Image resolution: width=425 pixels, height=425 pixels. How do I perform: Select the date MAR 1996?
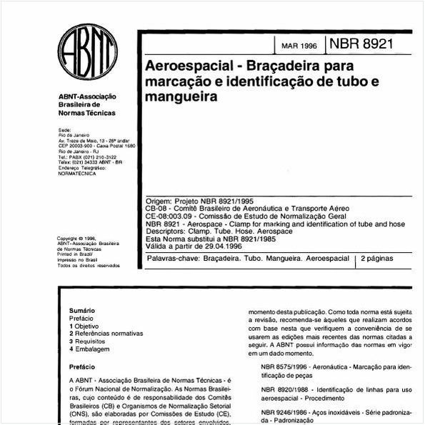299,46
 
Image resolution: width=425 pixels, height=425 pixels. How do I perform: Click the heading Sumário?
82,311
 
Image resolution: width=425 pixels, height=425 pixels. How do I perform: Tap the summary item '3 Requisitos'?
89,341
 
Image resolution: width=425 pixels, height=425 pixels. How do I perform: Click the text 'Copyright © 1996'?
76,239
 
